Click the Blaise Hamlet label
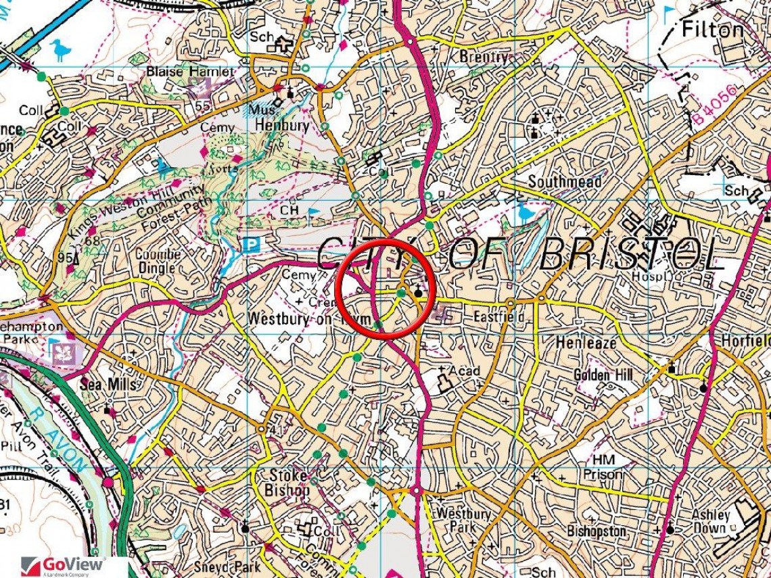click(x=191, y=72)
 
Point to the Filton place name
click(x=712, y=30)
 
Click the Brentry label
click(x=483, y=57)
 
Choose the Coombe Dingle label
click(x=158, y=261)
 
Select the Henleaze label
click(x=586, y=343)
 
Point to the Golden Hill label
click(x=601, y=375)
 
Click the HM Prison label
click(x=603, y=467)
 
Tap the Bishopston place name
click(x=597, y=531)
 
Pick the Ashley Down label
click(x=711, y=521)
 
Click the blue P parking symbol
click(x=252, y=244)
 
